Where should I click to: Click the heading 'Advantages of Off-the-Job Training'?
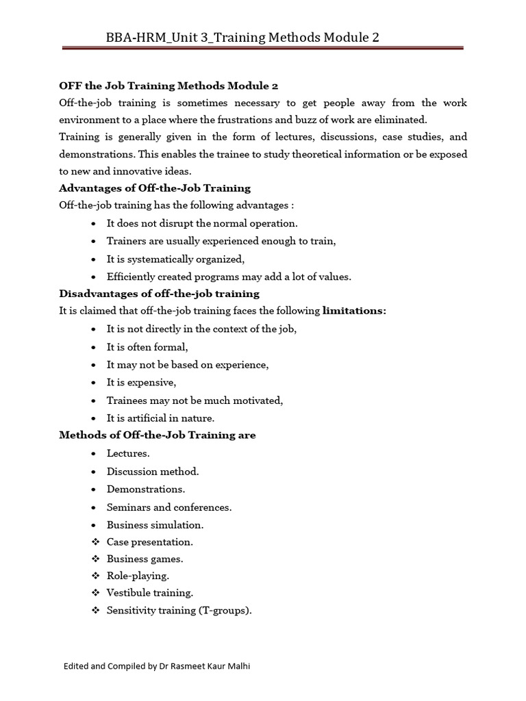pos(155,188)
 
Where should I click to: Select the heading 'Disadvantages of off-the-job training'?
pos(159,294)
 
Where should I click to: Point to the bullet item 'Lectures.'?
pos(128,453)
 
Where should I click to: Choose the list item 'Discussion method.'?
pos(153,472)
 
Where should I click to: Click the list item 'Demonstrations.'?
pos(145,489)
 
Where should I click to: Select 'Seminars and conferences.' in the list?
pos(169,507)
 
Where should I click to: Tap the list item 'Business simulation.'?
pos(155,525)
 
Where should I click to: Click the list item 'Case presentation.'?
pos(149,542)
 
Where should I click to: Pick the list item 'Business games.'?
pos(145,559)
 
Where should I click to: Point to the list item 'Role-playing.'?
pos(138,576)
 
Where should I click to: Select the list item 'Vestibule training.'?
pos(150,594)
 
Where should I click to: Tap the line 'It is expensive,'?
pos(141,383)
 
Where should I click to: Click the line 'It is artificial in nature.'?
pos(160,418)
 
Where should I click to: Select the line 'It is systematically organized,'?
pos(175,259)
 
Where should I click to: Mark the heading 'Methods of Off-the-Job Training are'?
pos(158,435)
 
